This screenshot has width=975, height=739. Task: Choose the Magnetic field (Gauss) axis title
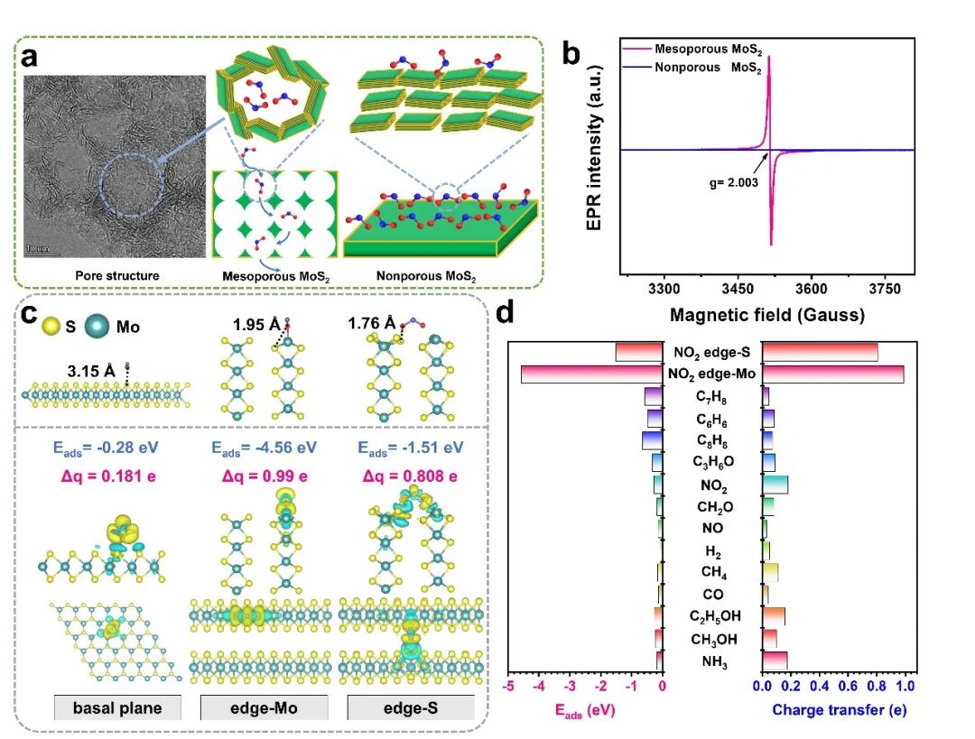[x=767, y=315]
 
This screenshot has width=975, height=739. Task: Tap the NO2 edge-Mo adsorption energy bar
[x=592, y=374]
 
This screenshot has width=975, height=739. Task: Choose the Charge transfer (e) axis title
[x=839, y=710]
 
